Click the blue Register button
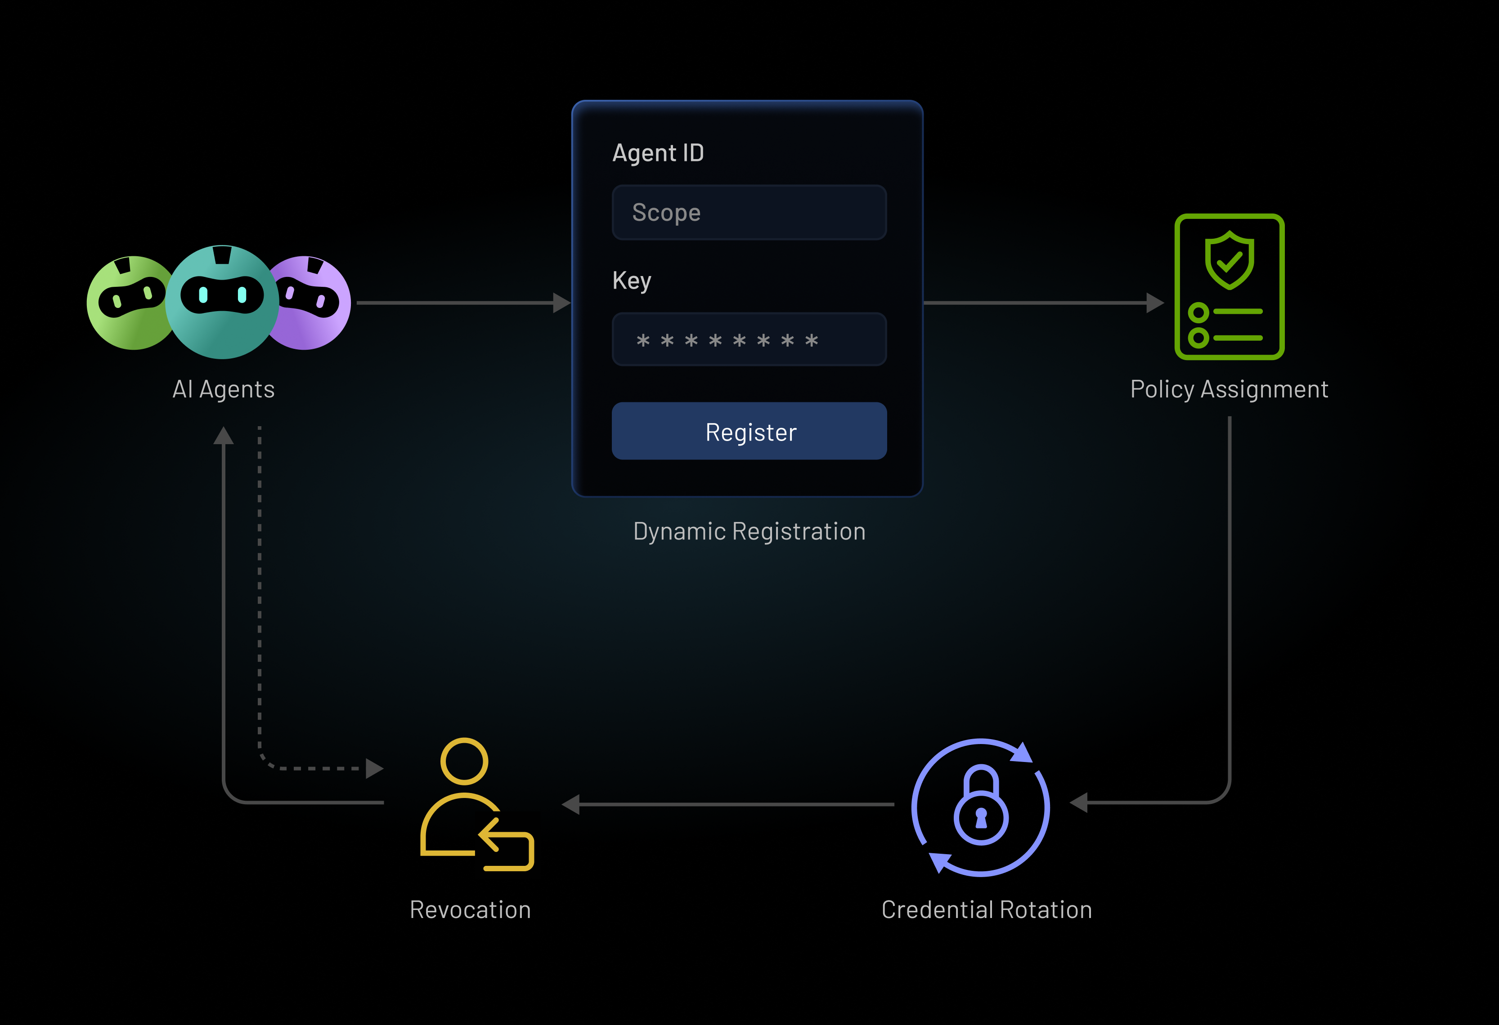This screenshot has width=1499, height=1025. (749, 431)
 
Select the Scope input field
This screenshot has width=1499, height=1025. (749, 213)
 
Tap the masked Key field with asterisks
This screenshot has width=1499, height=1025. (749, 340)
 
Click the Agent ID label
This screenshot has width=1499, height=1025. (657, 153)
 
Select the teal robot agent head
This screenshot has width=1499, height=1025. (223, 302)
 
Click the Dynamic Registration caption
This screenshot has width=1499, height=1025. (749, 531)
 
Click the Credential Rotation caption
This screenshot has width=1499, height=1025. (986, 909)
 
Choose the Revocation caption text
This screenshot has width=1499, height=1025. (470, 909)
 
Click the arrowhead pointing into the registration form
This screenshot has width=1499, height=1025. (562, 303)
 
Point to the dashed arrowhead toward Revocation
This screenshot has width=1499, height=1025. (374, 768)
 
